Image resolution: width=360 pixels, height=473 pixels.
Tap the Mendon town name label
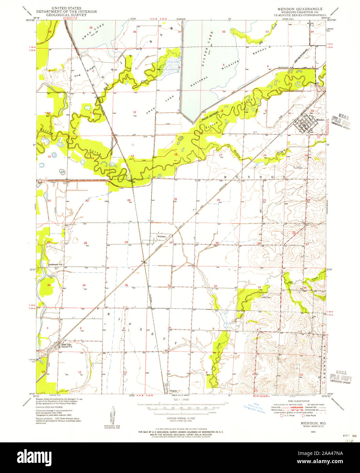tap(320, 120)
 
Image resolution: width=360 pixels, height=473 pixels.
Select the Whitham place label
tap(161, 236)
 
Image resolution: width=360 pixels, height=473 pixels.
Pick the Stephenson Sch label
tap(56, 264)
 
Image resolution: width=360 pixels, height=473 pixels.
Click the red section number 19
tap(175, 199)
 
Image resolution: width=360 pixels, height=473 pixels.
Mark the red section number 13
tap(132, 156)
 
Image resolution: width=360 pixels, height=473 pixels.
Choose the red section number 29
tap(217, 242)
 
